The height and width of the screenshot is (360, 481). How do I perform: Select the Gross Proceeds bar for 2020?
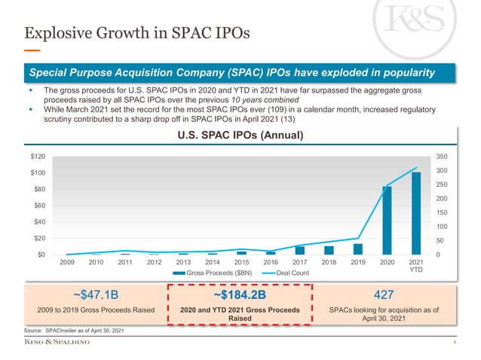(x=387, y=220)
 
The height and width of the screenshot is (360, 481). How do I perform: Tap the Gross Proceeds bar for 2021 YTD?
(x=415, y=213)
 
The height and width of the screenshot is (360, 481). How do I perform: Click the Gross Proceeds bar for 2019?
(x=358, y=249)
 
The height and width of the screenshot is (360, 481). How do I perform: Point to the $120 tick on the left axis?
(x=35, y=157)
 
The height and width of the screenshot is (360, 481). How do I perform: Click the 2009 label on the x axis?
(x=67, y=263)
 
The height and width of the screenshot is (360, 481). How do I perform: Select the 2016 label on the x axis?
(x=271, y=263)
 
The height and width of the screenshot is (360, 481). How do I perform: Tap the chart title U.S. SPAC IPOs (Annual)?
(x=240, y=136)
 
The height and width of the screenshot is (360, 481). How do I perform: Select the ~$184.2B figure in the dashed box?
(x=239, y=295)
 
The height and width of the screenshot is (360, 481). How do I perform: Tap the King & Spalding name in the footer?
(x=57, y=343)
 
